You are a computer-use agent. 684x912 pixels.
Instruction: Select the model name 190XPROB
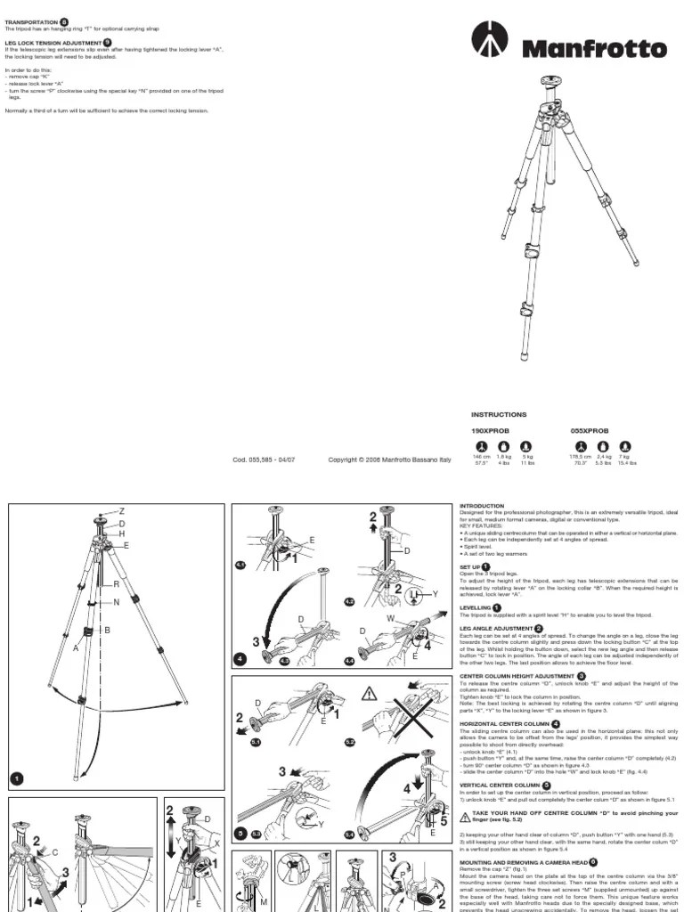[x=488, y=430]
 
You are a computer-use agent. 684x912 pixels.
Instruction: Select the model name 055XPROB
[x=589, y=430]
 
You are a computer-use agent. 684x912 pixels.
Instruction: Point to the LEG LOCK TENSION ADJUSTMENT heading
[x=53, y=42]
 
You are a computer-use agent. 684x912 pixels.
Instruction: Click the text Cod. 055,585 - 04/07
[x=264, y=460]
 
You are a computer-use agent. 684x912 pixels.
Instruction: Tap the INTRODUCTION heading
[x=482, y=506]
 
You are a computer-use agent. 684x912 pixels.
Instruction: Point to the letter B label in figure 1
[x=108, y=630]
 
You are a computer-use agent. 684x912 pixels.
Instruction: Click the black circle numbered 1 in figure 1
[x=16, y=779]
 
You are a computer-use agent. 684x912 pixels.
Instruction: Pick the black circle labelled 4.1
[x=240, y=565]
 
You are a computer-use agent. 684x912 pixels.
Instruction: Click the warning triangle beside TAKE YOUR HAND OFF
[x=465, y=816]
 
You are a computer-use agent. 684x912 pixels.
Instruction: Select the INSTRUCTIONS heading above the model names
[x=499, y=414]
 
